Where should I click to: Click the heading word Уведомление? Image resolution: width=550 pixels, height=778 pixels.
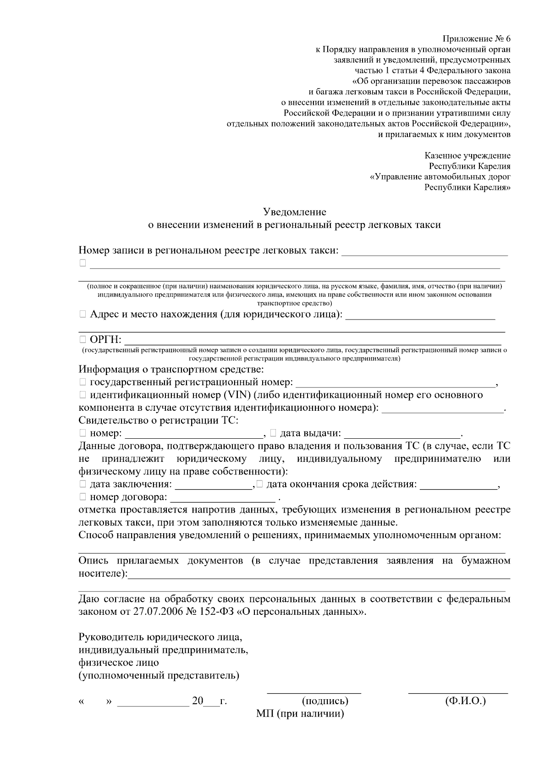pos(294,212)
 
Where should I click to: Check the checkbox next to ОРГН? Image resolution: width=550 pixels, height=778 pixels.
pos(82,339)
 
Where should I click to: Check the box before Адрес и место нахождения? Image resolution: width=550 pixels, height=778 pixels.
pos(82,315)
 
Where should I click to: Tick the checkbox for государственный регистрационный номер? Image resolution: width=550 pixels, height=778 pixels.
pos(82,382)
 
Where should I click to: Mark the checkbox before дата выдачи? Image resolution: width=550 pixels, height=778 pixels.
pos(273,432)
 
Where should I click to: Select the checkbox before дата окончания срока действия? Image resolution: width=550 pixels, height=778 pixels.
pos(260,484)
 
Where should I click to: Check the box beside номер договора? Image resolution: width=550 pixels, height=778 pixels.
pos(82,497)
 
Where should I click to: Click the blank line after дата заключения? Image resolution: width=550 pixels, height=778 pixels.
pos(214,486)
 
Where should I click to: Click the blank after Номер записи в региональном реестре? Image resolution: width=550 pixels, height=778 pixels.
pos(425,252)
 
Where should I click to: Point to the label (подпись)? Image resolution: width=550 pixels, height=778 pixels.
pos(325,701)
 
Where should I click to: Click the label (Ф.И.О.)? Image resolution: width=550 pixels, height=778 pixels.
pos(465,701)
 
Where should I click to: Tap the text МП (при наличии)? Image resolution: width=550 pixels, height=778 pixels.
pos(300,714)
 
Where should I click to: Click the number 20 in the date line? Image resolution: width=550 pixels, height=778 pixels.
pos(198,701)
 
